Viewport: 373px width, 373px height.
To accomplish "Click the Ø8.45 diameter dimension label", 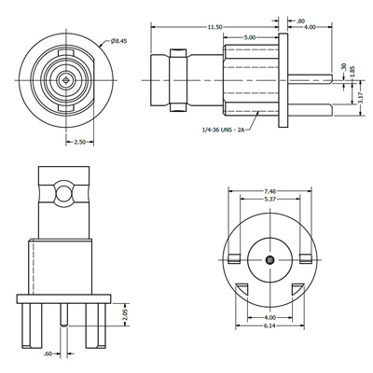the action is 118,41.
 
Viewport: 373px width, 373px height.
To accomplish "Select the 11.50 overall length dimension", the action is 214,27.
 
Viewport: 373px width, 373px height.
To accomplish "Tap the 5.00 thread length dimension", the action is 250,37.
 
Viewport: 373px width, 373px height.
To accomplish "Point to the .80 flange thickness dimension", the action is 300,21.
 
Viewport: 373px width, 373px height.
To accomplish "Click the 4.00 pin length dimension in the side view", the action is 310,27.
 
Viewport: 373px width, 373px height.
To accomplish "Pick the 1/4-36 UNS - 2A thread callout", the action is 222,130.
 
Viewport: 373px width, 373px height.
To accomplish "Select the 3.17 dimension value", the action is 361,98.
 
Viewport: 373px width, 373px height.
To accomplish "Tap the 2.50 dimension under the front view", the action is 79,142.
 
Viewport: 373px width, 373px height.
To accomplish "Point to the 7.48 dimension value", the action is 269,191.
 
